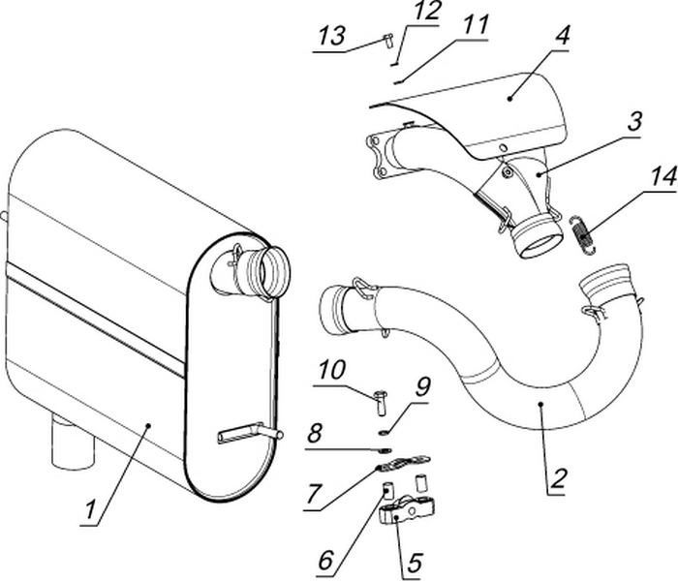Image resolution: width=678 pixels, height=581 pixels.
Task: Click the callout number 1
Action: [x=93, y=509]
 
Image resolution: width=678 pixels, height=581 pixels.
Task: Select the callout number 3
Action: [x=632, y=124]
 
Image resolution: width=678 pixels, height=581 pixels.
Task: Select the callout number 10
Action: [x=330, y=371]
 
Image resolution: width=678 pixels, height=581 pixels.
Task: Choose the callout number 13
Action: [x=331, y=36]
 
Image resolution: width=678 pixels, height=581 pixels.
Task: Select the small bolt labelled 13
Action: [x=385, y=41]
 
